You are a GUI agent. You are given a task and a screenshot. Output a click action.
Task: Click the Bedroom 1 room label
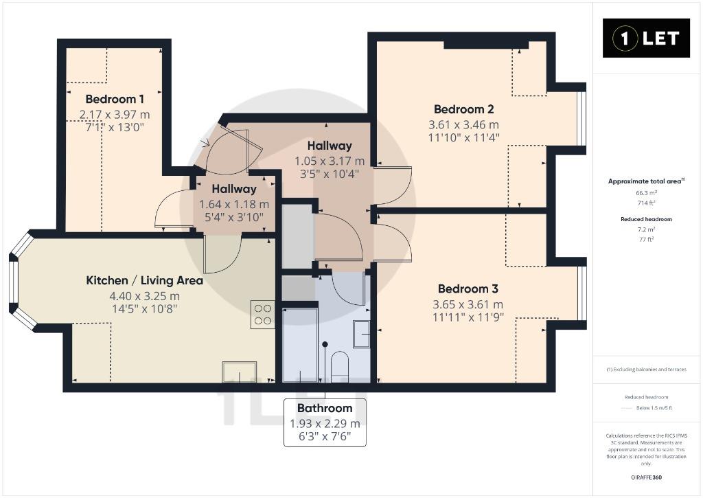tap(115, 99)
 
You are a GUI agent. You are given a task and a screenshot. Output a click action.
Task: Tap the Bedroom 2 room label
tap(464, 109)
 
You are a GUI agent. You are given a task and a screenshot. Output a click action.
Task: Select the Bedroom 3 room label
tap(468, 288)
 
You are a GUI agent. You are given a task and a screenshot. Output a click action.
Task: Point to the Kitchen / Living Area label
tap(144, 280)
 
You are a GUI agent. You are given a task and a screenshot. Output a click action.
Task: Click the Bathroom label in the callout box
tap(325, 408)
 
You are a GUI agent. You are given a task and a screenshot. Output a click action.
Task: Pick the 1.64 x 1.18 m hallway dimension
tap(234, 205)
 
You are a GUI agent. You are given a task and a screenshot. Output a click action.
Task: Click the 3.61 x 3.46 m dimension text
tap(463, 125)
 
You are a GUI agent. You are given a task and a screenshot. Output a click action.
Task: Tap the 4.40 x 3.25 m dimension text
tap(144, 296)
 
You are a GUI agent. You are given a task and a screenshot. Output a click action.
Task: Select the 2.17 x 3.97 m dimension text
tap(115, 115)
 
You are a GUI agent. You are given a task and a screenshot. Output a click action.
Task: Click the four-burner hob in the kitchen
tap(263, 315)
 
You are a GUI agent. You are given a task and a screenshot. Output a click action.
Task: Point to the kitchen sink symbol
tap(240, 372)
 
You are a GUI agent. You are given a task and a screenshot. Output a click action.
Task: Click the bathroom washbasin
tap(361, 335)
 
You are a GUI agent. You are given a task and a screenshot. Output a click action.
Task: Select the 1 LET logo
tap(646, 38)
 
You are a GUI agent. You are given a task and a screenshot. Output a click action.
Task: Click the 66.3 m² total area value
tap(646, 193)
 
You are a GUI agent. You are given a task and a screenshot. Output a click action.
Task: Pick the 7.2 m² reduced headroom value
tap(646, 229)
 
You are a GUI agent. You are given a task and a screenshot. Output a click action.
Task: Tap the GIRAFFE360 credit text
tap(646, 477)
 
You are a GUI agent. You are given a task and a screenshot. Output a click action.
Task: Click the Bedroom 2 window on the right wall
tap(581, 118)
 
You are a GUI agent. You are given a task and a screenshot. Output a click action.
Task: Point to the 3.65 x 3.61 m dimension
tap(468, 304)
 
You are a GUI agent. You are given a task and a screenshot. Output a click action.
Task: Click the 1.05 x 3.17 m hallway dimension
tap(330, 161)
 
